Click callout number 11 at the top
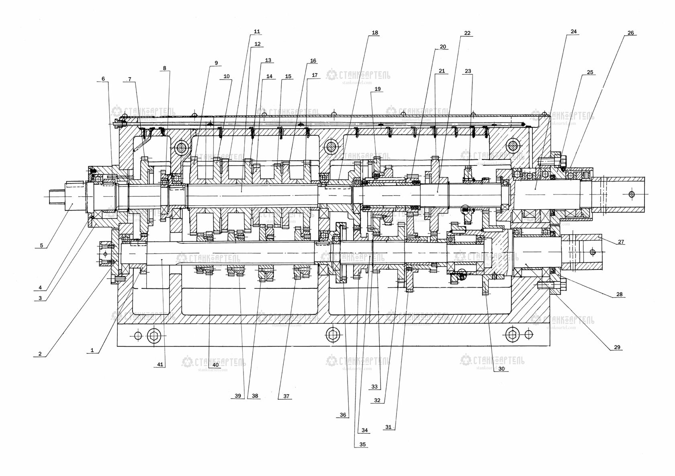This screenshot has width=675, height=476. [x=257, y=32]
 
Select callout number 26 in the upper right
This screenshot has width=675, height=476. [x=630, y=33]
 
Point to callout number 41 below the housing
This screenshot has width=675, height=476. [x=160, y=364]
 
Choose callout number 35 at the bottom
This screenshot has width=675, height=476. [x=362, y=445]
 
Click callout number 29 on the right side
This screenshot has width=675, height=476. [x=617, y=347]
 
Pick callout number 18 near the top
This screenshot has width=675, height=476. [x=375, y=33]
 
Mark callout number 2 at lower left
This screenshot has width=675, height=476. [x=40, y=354]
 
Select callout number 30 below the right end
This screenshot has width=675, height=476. [x=501, y=368]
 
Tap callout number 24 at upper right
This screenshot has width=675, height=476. [x=573, y=32]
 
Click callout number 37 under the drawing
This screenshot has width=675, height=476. [x=286, y=396]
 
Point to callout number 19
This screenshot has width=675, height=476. [x=377, y=89]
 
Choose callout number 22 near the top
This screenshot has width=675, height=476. [x=467, y=33]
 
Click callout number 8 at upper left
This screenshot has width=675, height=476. [x=164, y=68]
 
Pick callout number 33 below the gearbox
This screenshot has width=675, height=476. [x=374, y=387]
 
